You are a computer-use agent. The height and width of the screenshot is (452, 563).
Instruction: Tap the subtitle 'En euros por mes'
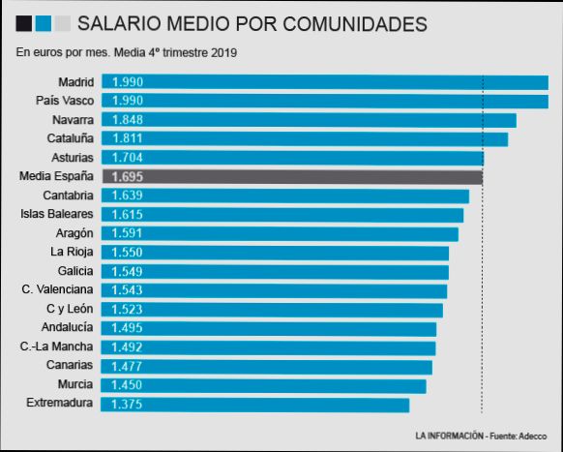[127, 52]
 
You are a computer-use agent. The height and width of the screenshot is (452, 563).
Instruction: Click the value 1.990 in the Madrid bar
[128, 83]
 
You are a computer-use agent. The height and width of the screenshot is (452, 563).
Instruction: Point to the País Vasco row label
[64, 102]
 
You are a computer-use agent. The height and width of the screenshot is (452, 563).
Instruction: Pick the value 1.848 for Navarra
[128, 120]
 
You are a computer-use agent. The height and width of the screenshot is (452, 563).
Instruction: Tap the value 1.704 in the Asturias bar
[128, 158]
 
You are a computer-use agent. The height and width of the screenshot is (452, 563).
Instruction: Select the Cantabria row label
[68, 196]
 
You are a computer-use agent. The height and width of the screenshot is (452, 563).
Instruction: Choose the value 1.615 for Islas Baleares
[128, 214]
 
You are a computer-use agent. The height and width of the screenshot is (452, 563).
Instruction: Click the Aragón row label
[74, 233]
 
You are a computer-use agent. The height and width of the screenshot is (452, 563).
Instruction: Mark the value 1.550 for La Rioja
[128, 252]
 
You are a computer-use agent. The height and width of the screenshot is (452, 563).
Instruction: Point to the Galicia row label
[74, 271]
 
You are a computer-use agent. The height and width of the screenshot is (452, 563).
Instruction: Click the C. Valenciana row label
[57, 289]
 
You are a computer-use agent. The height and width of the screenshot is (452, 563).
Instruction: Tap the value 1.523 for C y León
[128, 309]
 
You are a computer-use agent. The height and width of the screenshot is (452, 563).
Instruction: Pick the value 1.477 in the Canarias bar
[128, 366]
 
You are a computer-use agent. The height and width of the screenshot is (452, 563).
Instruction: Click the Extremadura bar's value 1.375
[128, 404]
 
